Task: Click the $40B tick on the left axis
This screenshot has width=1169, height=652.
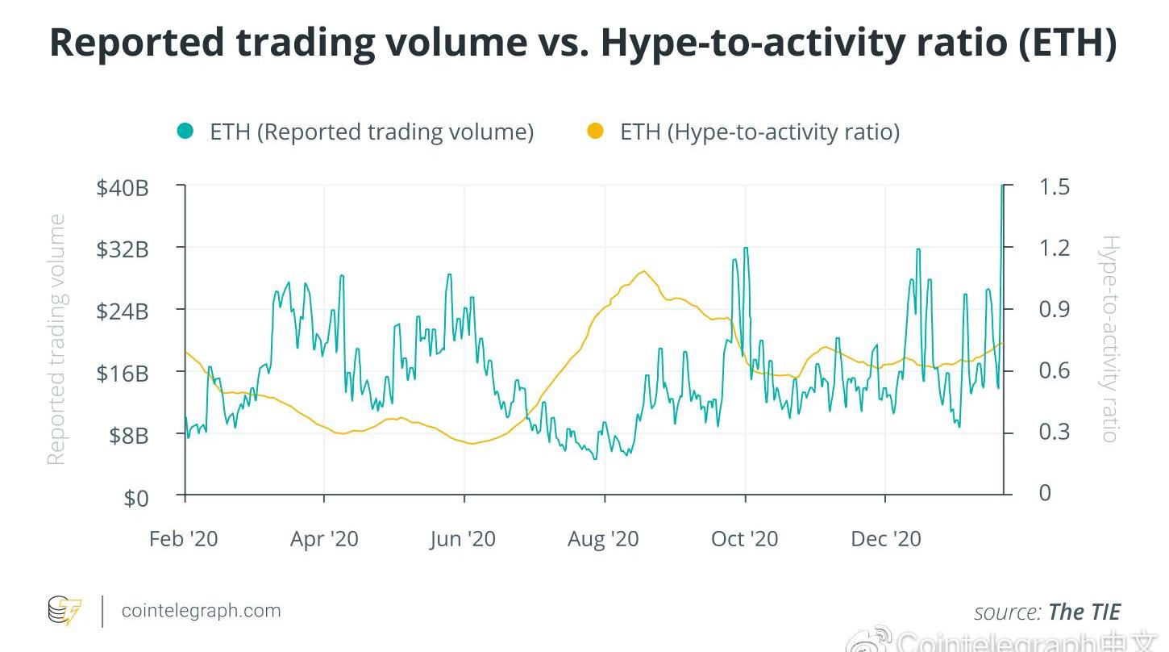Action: [123, 188]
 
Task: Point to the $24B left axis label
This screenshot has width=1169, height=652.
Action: [123, 311]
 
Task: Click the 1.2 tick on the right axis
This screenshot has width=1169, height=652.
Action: [1054, 248]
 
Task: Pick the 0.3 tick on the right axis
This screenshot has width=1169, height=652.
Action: [1054, 431]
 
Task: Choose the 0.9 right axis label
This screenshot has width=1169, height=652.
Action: [1054, 309]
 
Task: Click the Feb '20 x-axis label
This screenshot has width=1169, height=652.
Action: [183, 539]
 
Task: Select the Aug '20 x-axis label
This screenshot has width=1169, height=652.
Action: [603, 539]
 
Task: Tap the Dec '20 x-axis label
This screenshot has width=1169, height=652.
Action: [885, 539]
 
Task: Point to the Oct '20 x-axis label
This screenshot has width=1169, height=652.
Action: [744, 539]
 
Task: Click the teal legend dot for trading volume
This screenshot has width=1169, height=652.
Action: [185, 131]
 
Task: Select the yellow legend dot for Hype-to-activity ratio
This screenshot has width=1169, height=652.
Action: [595, 131]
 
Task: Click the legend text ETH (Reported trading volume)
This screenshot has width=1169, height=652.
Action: [372, 132]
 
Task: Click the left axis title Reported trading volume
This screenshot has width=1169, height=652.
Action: [56, 339]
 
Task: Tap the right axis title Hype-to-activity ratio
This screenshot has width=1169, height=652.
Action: [1110, 339]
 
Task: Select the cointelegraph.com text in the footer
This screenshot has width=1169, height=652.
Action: [201, 610]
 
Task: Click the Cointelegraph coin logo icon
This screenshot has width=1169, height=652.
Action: [64, 611]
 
